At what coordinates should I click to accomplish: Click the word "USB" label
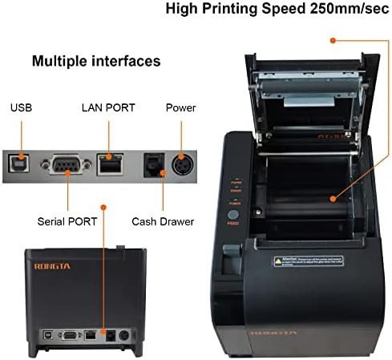click(20, 107)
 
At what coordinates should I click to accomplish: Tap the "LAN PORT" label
click(108, 107)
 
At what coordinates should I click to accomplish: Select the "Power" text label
click(180, 107)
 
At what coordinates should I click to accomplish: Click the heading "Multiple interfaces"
click(96, 61)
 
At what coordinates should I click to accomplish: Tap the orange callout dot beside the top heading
click(330, 39)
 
